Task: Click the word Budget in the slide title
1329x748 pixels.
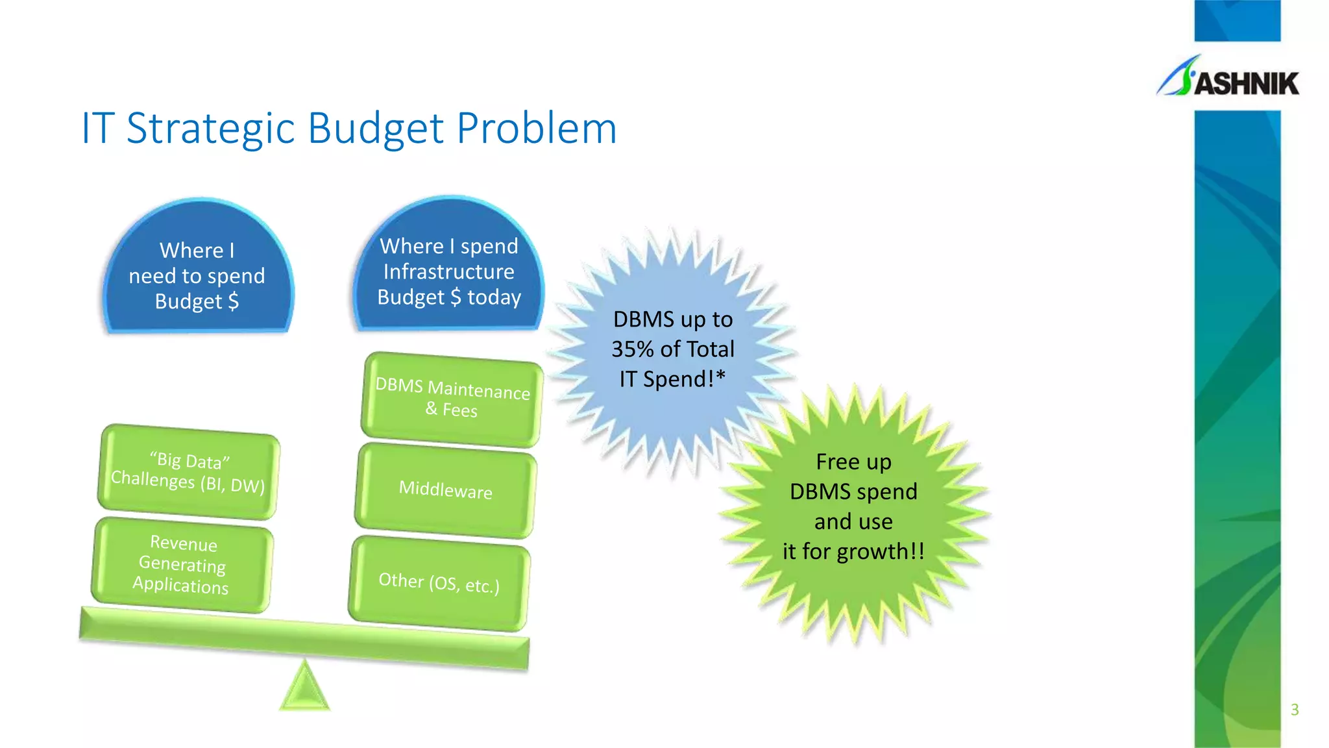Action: click(376, 128)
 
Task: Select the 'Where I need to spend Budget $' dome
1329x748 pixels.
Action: click(197, 273)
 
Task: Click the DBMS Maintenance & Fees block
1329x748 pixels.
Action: click(452, 399)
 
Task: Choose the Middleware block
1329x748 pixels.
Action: click(446, 491)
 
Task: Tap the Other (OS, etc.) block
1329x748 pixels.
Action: click(439, 583)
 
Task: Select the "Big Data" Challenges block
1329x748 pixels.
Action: click(188, 471)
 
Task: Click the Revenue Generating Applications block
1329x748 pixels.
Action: click(182, 564)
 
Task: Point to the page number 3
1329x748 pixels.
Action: click(1295, 710)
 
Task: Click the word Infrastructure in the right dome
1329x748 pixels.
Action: click(449, 271)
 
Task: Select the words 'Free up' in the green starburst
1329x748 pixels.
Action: click(853, 462)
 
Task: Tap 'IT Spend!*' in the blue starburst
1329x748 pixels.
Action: click(672, 379)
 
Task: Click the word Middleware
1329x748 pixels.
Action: click(446, 489)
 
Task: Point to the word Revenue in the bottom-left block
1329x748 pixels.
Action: click(184, 543)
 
